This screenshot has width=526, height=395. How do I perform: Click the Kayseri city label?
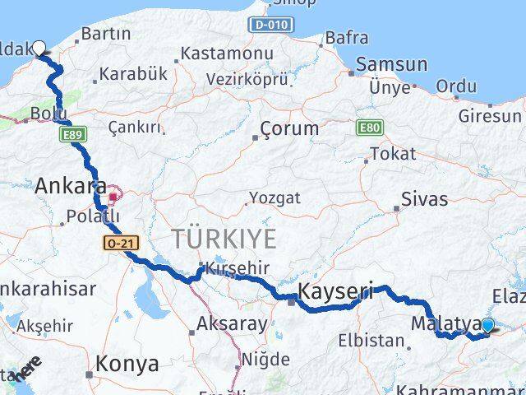tap(335, 290)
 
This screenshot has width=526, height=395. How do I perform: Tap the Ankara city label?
tap(71, 186)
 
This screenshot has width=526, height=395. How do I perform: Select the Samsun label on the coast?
tap(390, 65)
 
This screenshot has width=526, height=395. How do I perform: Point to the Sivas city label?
tap(424, 198)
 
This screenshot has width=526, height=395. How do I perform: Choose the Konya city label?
tap(127, 364)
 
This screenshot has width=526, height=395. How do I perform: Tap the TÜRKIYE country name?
tap(224, 239)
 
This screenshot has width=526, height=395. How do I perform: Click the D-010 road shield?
tap(270, 25)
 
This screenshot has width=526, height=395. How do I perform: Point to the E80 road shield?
tap(369, 128)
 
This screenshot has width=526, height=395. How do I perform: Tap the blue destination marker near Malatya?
tap(487, 325)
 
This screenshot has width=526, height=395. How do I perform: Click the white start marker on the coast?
tap(39, 48)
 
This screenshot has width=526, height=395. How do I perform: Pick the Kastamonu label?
tap(226, 53)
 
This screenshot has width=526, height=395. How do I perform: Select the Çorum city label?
tap(288, 128)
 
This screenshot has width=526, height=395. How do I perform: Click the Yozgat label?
tap(275, 197)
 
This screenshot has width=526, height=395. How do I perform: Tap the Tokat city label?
tap(393, 154)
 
